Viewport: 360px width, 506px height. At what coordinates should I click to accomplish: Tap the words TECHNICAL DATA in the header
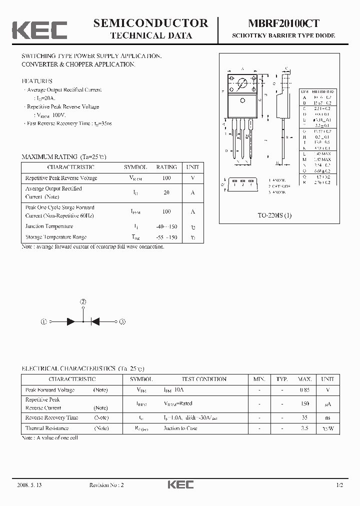click(x=150, y=35)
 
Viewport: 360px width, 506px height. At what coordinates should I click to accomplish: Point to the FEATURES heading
click(x=36, y=81)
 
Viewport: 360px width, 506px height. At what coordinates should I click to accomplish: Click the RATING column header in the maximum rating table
click(x=166, y=167)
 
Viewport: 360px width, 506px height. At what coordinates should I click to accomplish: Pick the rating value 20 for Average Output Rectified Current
click(x=166, y=192)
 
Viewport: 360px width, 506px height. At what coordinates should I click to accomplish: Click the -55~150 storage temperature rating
click(x=166, y=237)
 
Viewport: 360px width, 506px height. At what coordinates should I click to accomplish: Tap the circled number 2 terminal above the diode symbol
click(x=83, y=302)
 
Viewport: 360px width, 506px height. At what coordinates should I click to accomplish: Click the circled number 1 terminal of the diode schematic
click(x=44, y=322)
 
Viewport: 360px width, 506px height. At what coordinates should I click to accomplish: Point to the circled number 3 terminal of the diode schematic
click(x=121, y=322)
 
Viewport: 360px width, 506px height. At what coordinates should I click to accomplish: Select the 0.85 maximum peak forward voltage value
click(x=304, y=390)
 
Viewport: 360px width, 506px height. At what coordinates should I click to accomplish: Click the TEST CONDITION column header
click(x=204, y=379)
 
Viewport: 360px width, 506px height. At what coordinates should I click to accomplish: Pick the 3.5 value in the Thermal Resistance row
click(x=304, y=428)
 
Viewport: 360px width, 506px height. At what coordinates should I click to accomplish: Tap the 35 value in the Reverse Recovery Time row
click(x=304, y=417)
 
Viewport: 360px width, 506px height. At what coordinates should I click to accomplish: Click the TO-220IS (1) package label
click(x=274, y=215)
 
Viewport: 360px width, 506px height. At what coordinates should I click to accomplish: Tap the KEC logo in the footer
click(x=179, y=484)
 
